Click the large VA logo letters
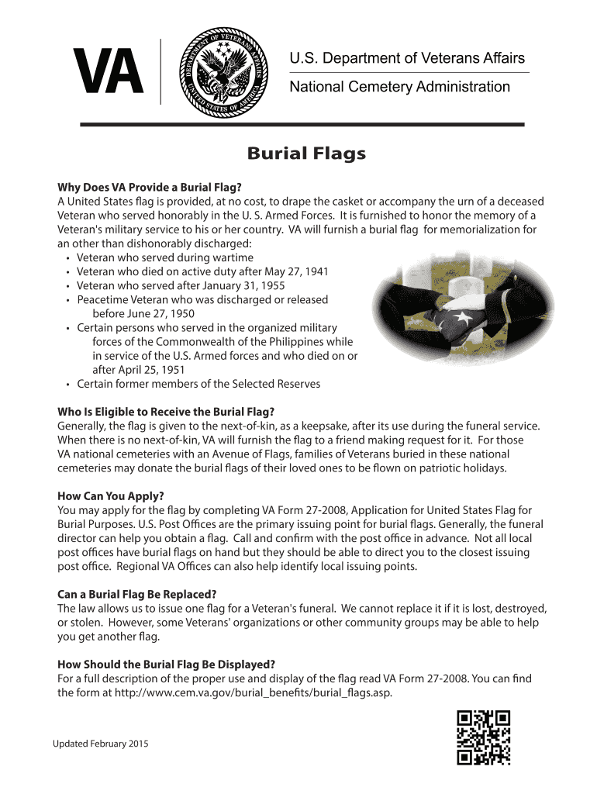tap(108, 72)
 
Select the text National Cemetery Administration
tap(399, 87)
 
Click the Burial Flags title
tap(306, 154)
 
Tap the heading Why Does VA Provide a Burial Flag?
tap(150, 187)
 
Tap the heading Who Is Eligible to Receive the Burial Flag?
tap(166, 411)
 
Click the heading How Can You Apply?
tap(111, 495)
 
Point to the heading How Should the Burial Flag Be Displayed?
tap(167, 665)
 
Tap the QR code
tap(484, 737)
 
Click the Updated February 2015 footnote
tap(100, 744)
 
